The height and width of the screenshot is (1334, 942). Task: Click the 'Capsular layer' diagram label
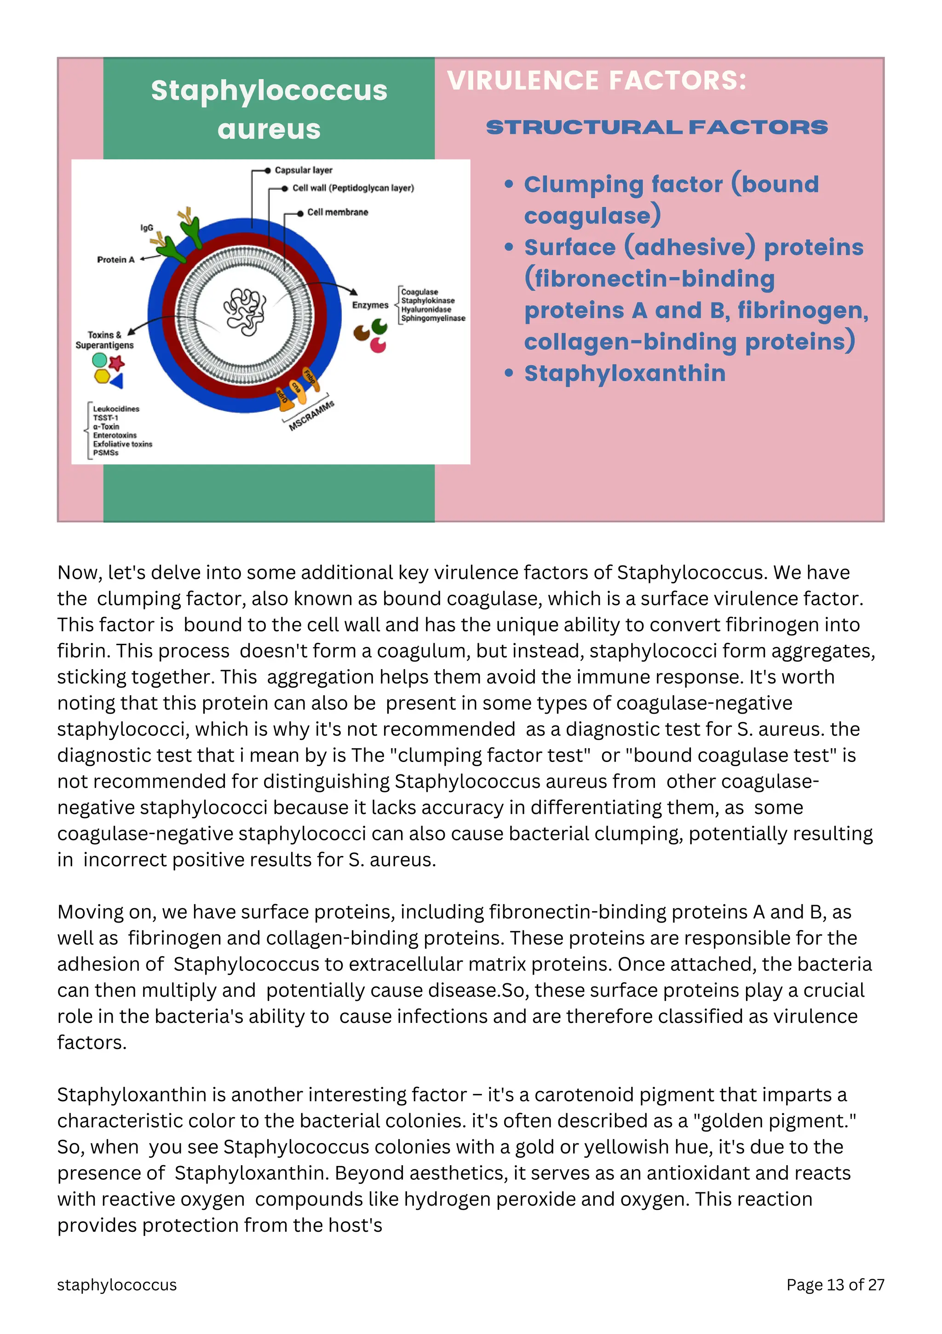coord(303,170)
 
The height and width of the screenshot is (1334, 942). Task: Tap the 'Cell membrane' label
coord(338,213)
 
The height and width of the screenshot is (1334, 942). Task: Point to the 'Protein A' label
coord(115,260)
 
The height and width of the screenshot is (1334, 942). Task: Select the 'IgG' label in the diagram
coord(146,228)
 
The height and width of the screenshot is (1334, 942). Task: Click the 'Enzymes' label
coord(370,305)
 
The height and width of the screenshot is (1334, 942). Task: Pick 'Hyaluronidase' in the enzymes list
coord(426,310)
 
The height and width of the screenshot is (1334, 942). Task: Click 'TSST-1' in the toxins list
coord(105,418)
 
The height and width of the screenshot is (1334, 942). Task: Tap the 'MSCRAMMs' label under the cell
coord(312,416)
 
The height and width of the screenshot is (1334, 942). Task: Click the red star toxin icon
coord(117,363)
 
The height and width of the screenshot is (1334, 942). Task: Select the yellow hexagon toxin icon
coord(102,376)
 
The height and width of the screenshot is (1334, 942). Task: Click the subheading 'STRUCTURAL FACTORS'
coord(656,127)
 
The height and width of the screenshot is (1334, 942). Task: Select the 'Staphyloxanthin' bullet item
coord(624,373)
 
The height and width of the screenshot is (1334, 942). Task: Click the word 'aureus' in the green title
coord(269,129)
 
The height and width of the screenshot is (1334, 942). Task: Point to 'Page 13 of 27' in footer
coord(834,1285)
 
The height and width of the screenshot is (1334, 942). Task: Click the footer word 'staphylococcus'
coord(117,1285)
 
